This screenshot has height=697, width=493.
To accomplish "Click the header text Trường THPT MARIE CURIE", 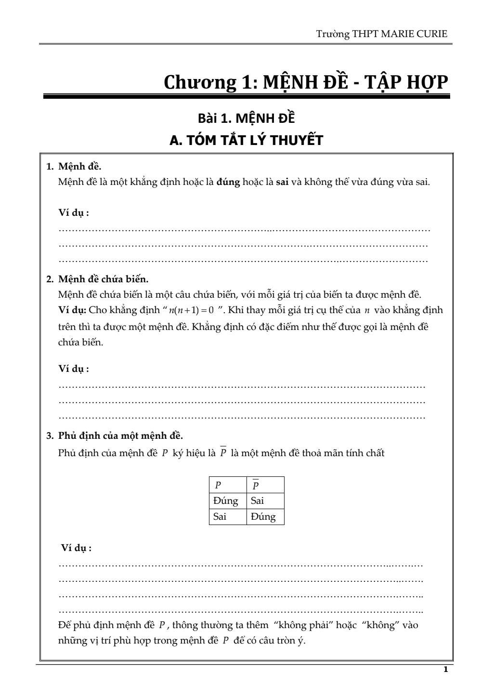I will tap(382, 34).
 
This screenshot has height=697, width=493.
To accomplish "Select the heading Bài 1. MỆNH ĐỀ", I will tap(246, 118).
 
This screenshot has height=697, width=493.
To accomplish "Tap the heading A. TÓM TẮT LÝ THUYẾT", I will tap(246, 140).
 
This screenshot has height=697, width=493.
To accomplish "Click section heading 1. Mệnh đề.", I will tap(74, 167).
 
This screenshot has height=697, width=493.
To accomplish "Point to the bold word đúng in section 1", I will tap(228, 183).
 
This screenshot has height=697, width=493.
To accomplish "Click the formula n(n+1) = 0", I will tap(191, 310).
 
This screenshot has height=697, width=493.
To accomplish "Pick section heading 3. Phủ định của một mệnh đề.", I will tap(115, 436).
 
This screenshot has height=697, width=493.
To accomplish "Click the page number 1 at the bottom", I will tap(445, 670).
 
